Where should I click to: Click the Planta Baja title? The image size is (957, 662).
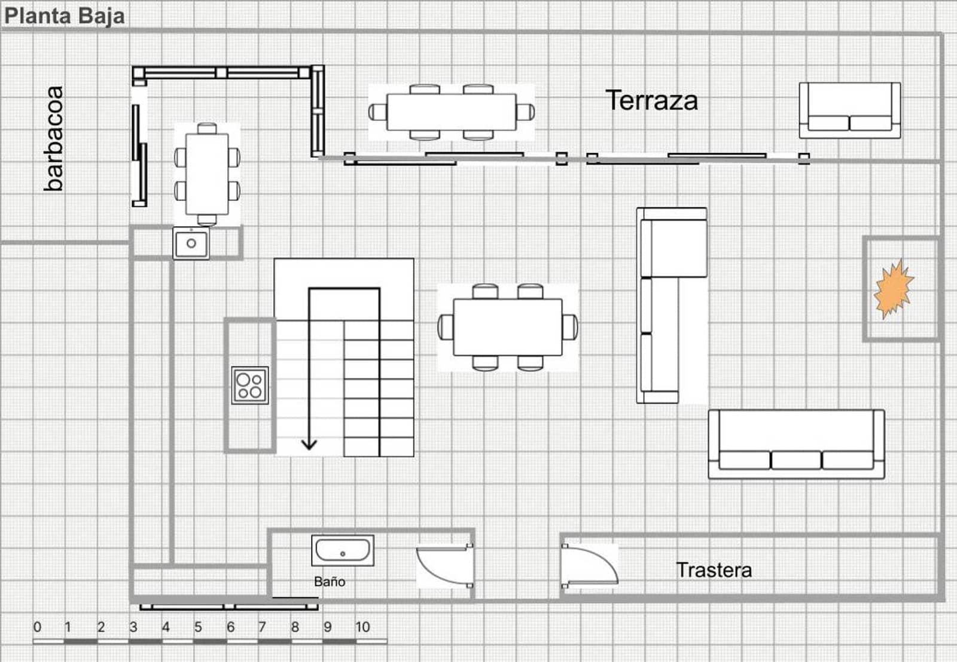coord(65,16)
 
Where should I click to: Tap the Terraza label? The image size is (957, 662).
coord(651,100)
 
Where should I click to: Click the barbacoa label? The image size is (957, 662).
coord(54,139)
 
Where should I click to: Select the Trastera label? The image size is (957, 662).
coord(714,570)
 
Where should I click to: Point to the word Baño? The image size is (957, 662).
coord(330,581)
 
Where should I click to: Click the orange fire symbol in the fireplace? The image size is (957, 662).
coord(894,289)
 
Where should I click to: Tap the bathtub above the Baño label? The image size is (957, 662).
coord(343,550)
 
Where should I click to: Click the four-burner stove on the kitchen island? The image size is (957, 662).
coord(250,385)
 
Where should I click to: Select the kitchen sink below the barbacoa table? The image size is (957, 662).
coord(191,243)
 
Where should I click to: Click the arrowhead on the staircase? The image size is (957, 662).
coord(309,444)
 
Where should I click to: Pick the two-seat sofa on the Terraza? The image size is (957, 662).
coord(849,111)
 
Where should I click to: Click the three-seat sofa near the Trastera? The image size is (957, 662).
coord(796,444)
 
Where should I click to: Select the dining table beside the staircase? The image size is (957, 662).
coord(507,327)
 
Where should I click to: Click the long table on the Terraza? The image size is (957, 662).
coord(452,112)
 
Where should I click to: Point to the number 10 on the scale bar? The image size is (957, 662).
coord(362,627)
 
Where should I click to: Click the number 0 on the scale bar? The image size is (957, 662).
coord(37,627)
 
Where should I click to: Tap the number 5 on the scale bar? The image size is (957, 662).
coord(198,627)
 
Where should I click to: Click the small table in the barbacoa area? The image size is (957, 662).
coord(207,174)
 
